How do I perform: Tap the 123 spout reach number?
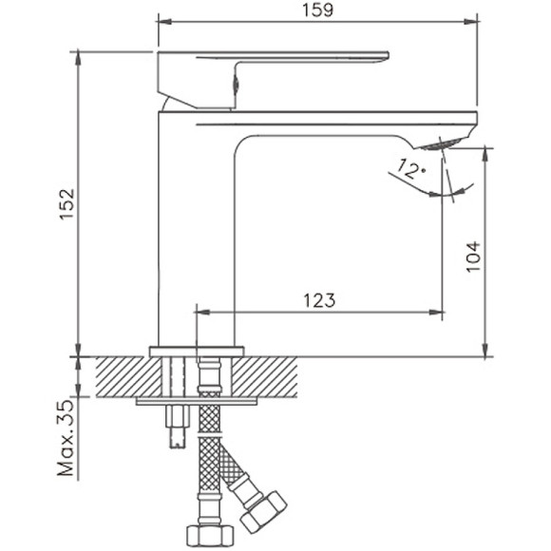click(x=319, y=300)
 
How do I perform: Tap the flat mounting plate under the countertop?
click(x=195, y=401)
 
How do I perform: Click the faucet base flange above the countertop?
click(x=198, y=351)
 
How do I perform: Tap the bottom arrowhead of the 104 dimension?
click(x=486, y=350)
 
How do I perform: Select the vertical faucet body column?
click(x=190, y=228)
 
